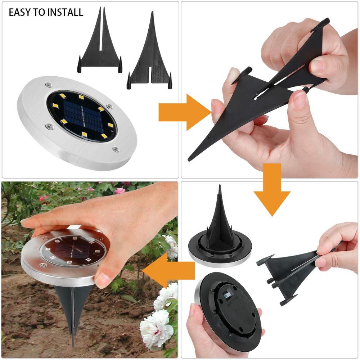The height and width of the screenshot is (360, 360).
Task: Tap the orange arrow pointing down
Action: pyautogui.click(x=272, y=189)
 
